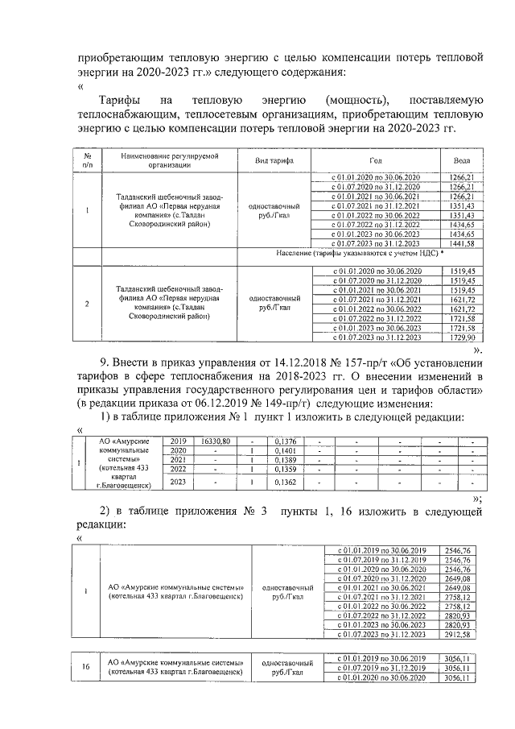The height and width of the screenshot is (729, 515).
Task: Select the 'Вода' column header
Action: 461,160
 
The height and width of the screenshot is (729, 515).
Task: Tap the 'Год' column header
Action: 376,160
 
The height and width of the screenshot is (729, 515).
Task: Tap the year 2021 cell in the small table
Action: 176,459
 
